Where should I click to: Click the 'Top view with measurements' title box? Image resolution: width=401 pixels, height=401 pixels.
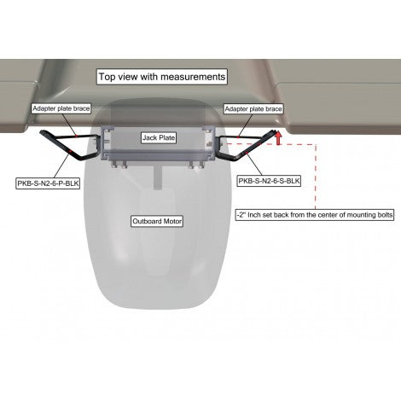click(x=162, y=77)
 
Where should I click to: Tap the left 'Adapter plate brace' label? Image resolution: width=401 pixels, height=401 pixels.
click(x=61, y=108)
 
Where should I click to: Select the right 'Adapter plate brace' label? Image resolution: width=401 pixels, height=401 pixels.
click(x=253, y=109)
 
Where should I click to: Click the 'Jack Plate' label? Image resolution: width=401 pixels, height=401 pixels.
click(x=159, y=138)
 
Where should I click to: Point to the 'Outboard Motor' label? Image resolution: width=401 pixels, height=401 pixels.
click(x=157, y=221)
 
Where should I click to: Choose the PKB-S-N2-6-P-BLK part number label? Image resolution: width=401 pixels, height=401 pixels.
click(x=48, y=183)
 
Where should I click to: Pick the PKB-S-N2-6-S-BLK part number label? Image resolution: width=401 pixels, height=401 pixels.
click(x=269, y=181)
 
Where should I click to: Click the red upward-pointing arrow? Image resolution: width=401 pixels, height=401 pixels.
click(x=278, y=138)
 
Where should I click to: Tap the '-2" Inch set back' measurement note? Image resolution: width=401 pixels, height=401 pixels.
click(x=315, y=215)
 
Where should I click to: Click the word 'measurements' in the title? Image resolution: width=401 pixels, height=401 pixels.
click(x=193, y=77)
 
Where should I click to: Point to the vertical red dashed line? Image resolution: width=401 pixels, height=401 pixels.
click(x=316, y=177)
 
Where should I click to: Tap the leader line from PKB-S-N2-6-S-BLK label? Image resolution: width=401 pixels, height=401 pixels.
click(x=254, y=165)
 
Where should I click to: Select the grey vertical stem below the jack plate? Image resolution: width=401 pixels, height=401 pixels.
click(x=158, y=178)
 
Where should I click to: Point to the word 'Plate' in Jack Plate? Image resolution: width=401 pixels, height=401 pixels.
click(x=166, y=138)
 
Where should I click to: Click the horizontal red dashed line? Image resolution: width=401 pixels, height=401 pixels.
click(x=269, y=144)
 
